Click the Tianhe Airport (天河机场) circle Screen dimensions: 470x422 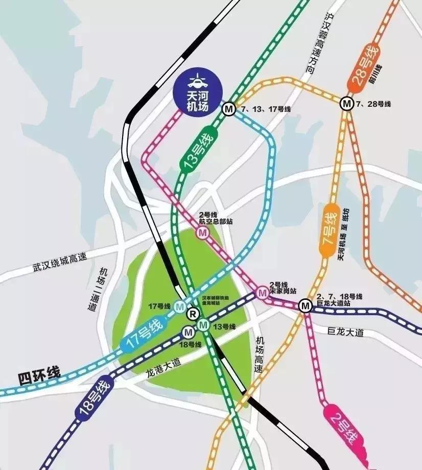point(196,90)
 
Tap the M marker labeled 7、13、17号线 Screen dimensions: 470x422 point(228,109)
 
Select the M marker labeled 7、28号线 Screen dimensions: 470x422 point(347,104)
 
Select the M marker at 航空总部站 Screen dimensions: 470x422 point(203,233)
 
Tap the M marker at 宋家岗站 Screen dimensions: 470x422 point(263,293)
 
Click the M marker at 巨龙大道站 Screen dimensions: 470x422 point(306,306)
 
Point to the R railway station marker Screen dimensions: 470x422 point(193,314)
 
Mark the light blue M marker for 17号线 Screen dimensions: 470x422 point(179,307)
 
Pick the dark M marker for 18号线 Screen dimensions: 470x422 point(187,333)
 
